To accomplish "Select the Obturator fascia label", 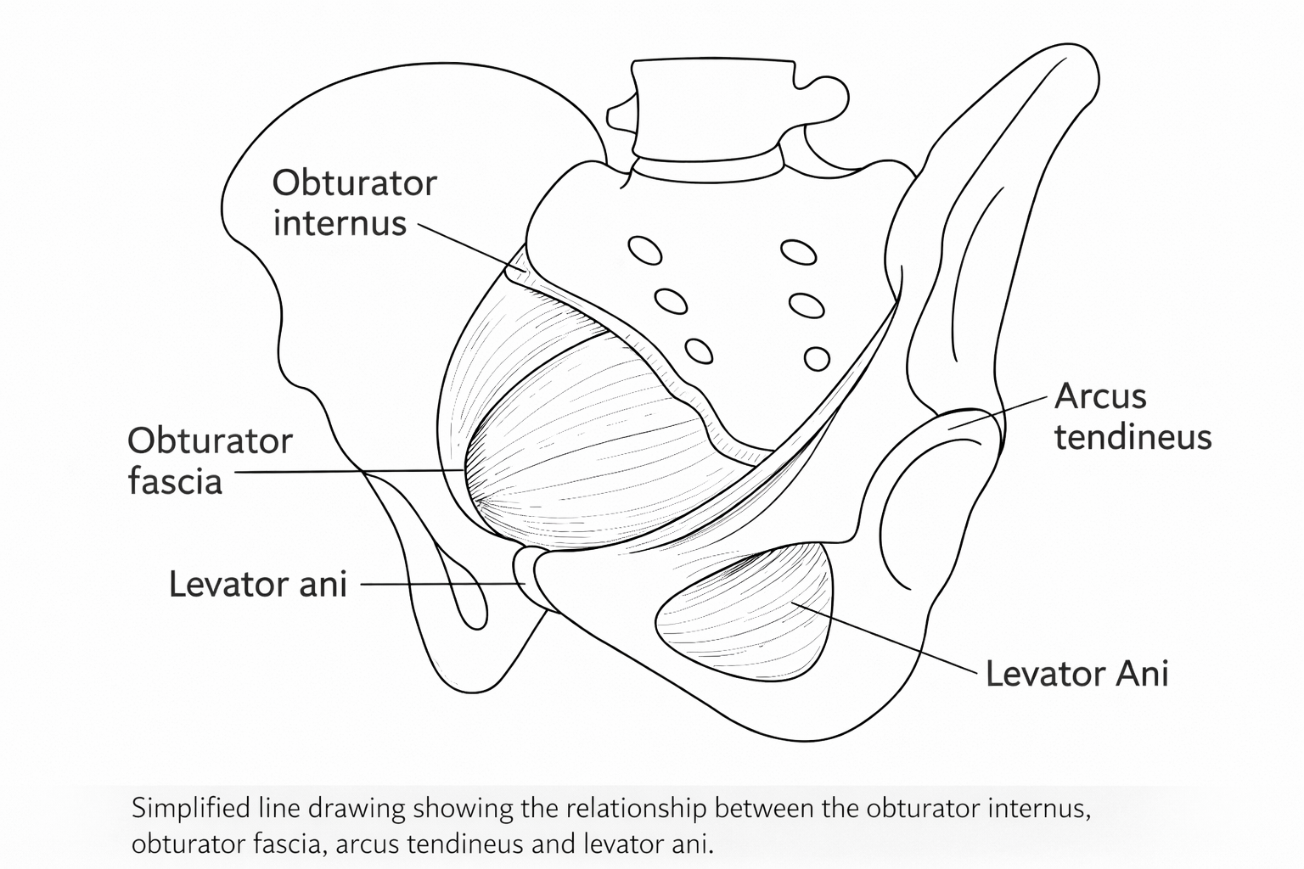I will [x=210, y=461].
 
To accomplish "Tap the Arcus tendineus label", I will [x=1132, y=416].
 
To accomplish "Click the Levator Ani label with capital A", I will [x=1076, y=674].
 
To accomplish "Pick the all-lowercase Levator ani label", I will [x=258, y=584].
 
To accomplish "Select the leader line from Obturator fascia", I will [x=348, y=472].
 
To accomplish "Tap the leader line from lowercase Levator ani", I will [x=437, y=584].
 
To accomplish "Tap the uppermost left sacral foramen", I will [x=644, y=250].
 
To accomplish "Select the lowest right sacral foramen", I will [x=817, y=358].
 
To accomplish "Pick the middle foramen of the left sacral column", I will [x=671, y=301].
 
